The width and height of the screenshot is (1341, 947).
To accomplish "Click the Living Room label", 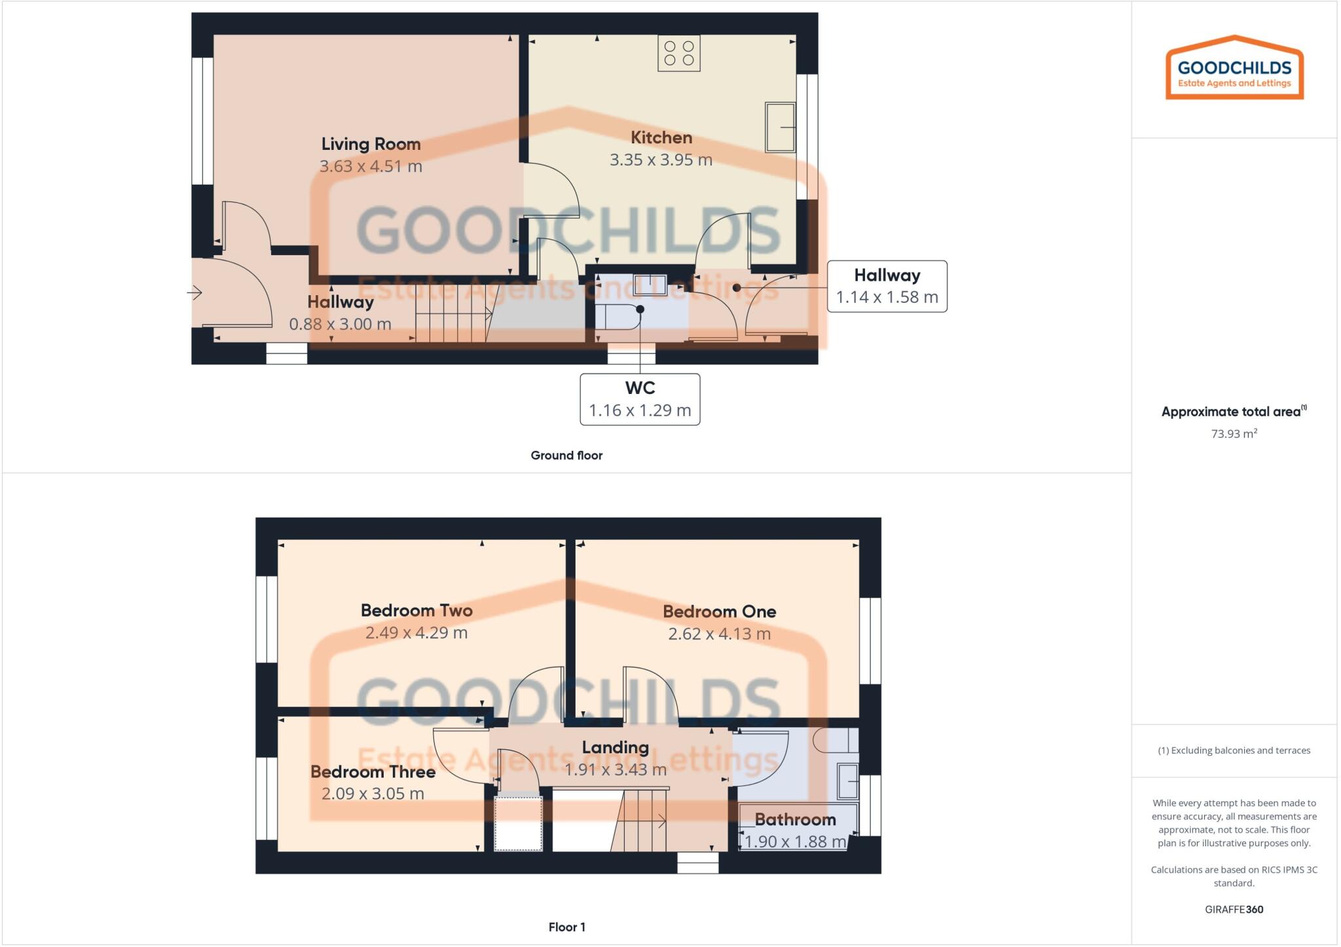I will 371,144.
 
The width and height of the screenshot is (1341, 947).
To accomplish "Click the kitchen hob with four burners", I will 679,53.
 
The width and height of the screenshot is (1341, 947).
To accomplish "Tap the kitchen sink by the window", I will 780,127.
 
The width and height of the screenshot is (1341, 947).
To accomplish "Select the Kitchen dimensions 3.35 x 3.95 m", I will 661,160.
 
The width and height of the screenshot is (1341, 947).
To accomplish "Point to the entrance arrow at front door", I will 194,293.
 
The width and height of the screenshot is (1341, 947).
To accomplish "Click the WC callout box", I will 640,399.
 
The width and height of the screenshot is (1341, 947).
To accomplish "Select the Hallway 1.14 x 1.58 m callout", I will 887,286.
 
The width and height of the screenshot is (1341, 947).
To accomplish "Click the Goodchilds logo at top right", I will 1234,68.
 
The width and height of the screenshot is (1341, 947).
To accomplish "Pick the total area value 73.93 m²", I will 1234,434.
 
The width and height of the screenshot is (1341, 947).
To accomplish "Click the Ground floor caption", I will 566,456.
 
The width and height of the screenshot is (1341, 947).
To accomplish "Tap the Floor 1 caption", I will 567,927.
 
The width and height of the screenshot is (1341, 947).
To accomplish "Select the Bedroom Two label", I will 416,611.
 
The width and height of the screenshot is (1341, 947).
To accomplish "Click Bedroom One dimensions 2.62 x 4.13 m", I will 719,634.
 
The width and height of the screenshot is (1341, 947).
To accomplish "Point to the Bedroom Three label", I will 373,772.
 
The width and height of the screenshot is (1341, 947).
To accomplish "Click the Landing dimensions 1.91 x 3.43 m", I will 615,770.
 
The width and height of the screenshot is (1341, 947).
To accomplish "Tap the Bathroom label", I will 795,819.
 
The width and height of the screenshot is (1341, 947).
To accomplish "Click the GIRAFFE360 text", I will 1234,909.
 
